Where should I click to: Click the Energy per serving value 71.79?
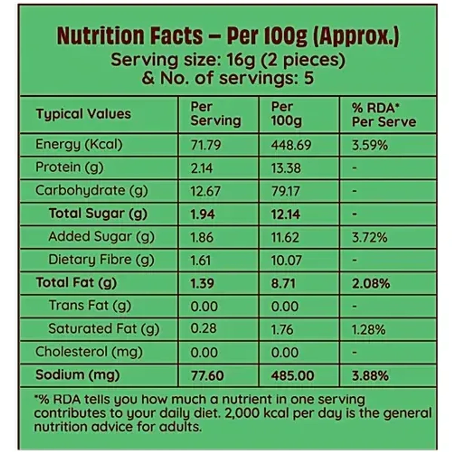click(206, 145)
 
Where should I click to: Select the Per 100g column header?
click(286, 114)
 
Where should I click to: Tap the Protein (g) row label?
click(69, 168)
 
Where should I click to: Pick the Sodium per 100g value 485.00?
click(293, 376)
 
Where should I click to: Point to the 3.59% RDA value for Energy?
click(370, 145)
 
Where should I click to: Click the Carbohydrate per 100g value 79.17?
click(286, 191)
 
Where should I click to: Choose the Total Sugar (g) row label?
click(98, 214)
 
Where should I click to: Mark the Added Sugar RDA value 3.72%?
click(370, 237)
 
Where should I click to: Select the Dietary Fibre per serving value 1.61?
click(200, 260)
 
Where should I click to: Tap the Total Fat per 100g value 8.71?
click(283, 283)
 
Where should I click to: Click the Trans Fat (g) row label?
click(90, 306)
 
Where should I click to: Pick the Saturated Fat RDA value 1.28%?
click(368, 330)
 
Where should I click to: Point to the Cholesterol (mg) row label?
click(89, 352)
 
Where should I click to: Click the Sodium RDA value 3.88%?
click(370, 376)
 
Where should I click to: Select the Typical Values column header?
click(83, 114)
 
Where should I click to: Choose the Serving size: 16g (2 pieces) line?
click(228, 60)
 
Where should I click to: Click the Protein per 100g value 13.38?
click(286, 168)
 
